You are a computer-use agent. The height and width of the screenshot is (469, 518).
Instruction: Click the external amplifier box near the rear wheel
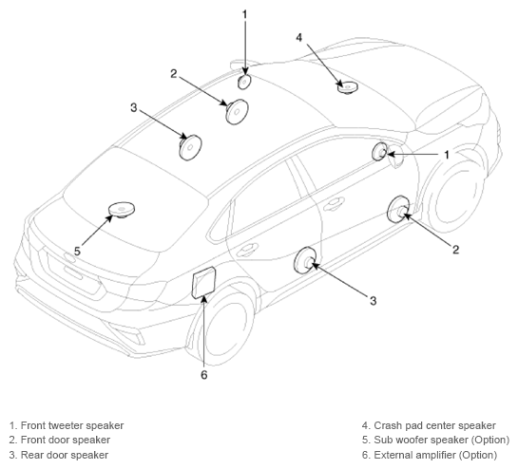pyautogui.click(x=203, y=283)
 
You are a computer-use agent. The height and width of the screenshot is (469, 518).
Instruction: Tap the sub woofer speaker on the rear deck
pyautogui.click(x=122, y=210)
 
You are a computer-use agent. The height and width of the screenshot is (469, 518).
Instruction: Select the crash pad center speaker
pyautogui.click(x=348, y=87)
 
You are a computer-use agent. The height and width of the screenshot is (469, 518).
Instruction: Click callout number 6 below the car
pyautogui.click(x=204, y=375)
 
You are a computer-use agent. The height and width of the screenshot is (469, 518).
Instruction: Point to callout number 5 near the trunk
pyautogui.click(x=77, y=252)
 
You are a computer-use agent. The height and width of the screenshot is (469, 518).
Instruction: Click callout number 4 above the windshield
pyautogui.click(x=299, y=38)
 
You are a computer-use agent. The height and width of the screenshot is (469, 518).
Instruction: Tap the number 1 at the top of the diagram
pyautogui.click(x=244, y=15)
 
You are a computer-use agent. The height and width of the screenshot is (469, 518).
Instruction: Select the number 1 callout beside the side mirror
pyautogui.click(x=447, y=155)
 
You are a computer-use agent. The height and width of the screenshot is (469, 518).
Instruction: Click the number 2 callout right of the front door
pyautogui.click(x=455, y=250)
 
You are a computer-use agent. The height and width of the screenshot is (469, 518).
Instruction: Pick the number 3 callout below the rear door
pyautogui.click(x=373, y=301)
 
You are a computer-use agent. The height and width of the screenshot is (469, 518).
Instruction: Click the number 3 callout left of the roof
pyautogui.click(x=133, y=107)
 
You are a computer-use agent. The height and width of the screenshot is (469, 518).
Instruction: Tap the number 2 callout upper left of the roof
pyautogui.click(x=174, y=74)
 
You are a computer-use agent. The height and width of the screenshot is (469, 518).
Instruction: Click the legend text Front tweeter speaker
pyautogui.click(x=72, y=425)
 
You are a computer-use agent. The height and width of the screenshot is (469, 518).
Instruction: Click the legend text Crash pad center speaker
pyautogui.click(x=434, y=425)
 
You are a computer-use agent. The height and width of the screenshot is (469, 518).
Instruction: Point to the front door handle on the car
pyautogui.click(x=334, y=203)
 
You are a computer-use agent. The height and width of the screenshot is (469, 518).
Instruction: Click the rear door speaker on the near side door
pyautogui.click(x=305, y=260)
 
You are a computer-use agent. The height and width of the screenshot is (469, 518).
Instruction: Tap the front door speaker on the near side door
pyautogui.click(x=398, y=210)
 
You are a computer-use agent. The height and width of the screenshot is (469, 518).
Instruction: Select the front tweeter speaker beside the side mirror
pyautogui.click(x=380, y=152)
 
